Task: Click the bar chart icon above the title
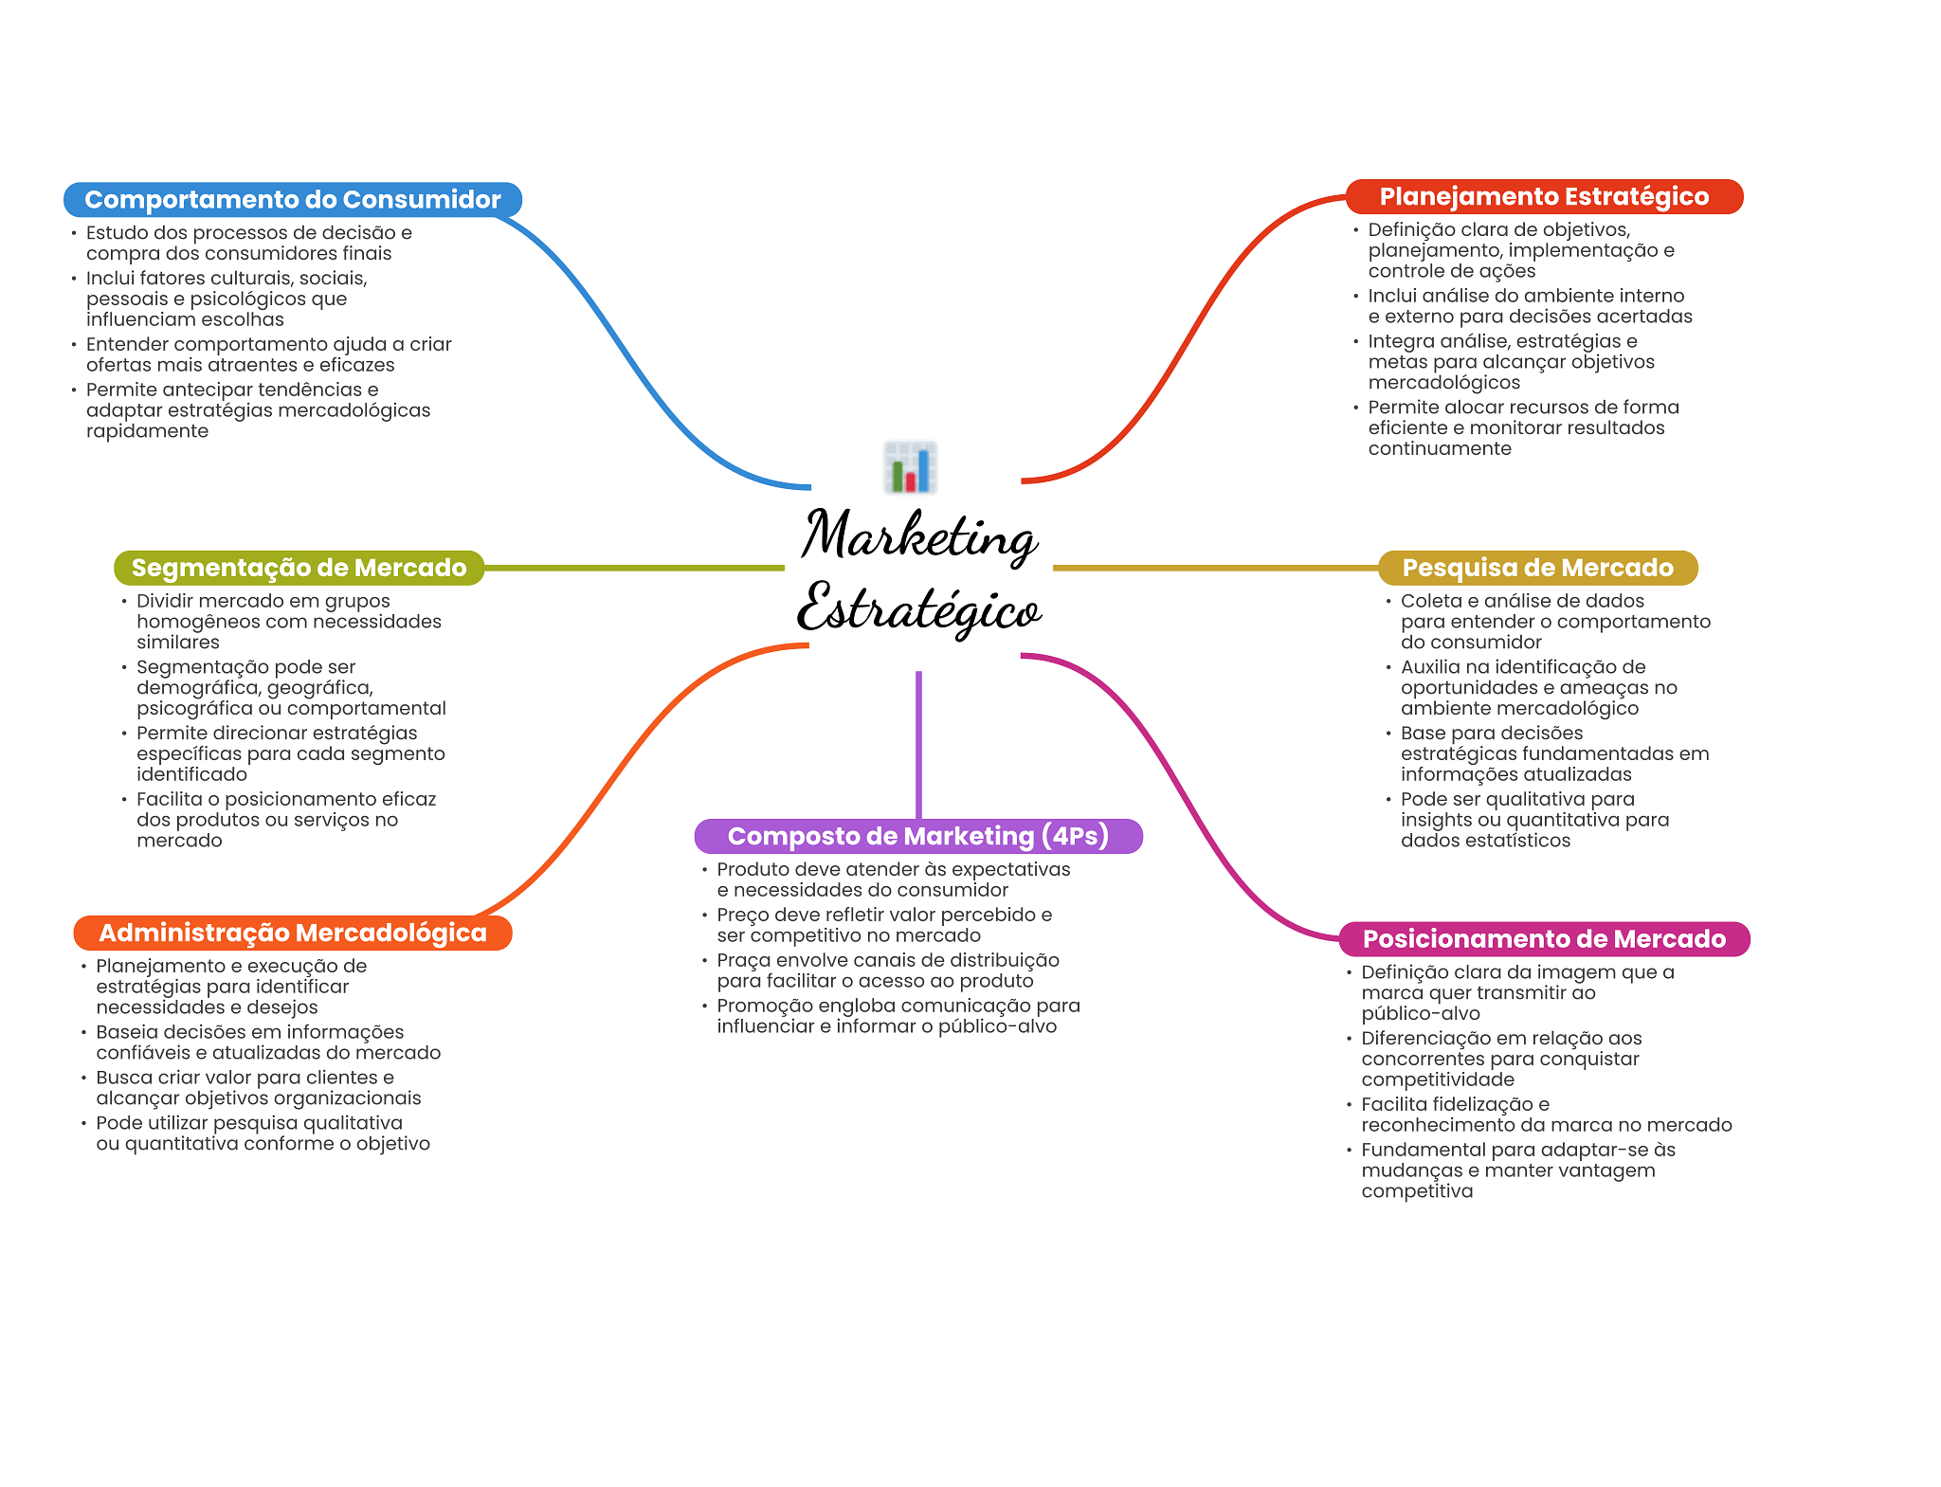point(910,467)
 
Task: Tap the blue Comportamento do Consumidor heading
point(293,200)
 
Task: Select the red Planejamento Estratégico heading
point(1544,197)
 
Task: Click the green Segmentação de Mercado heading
point(299,568)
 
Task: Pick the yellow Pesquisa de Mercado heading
point(1537,568)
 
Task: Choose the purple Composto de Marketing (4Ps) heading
point(918,836)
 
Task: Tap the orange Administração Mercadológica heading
point(293,933)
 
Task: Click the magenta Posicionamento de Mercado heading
point(1544,939)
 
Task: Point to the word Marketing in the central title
point(919,536)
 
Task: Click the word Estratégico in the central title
point(919,608)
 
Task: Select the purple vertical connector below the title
point(918,745)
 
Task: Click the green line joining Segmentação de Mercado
point(634,568)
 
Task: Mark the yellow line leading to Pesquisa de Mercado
point(1216,568)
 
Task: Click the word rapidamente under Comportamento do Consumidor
point(147,431)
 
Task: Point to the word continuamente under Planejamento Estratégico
point(1440,449)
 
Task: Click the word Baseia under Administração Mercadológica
point(127,1032)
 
